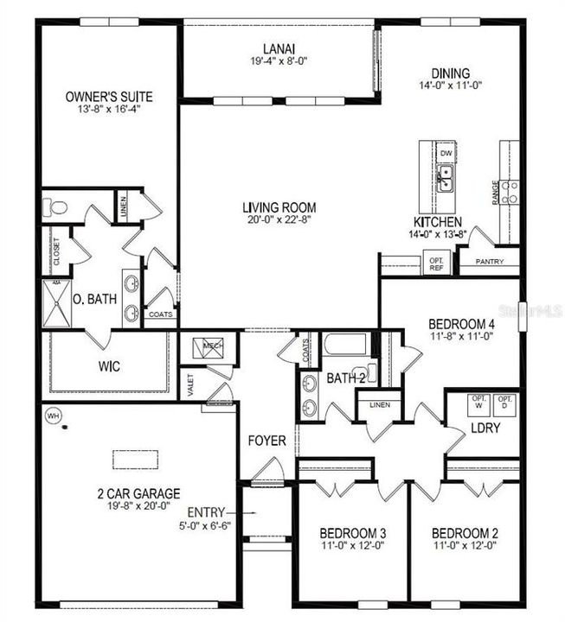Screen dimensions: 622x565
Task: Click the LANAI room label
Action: coord(278,48)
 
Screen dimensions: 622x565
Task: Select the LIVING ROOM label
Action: coord(279,207)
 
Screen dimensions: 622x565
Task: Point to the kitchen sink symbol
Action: coord(446,179)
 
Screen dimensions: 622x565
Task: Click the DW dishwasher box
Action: coord(446,153)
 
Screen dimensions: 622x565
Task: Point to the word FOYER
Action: coord(267,441)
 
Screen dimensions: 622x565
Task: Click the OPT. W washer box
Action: coord(476,403)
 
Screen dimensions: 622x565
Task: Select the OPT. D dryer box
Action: coord(506,403)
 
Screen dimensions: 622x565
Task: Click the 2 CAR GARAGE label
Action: coord(138,493)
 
